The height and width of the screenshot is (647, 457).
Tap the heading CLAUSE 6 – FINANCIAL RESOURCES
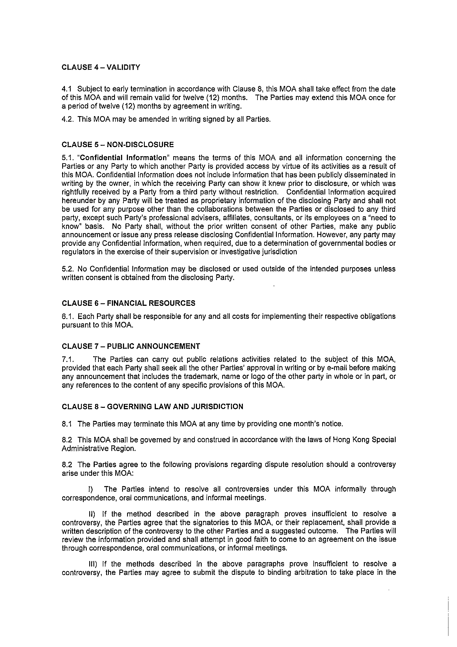coord(128,303)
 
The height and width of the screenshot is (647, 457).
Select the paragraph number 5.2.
coord(68,269)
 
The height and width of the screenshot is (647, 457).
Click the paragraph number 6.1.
coord(68,317)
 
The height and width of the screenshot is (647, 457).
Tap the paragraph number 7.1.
coord(68,359)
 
